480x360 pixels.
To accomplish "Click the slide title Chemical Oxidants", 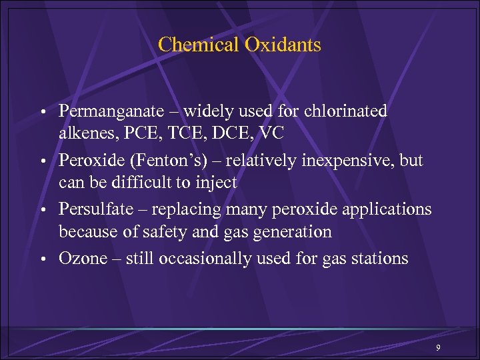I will click(x=239, y=45).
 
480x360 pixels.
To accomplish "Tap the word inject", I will click(x=215, y=183).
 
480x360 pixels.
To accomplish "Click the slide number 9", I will click(x=438, y=349).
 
